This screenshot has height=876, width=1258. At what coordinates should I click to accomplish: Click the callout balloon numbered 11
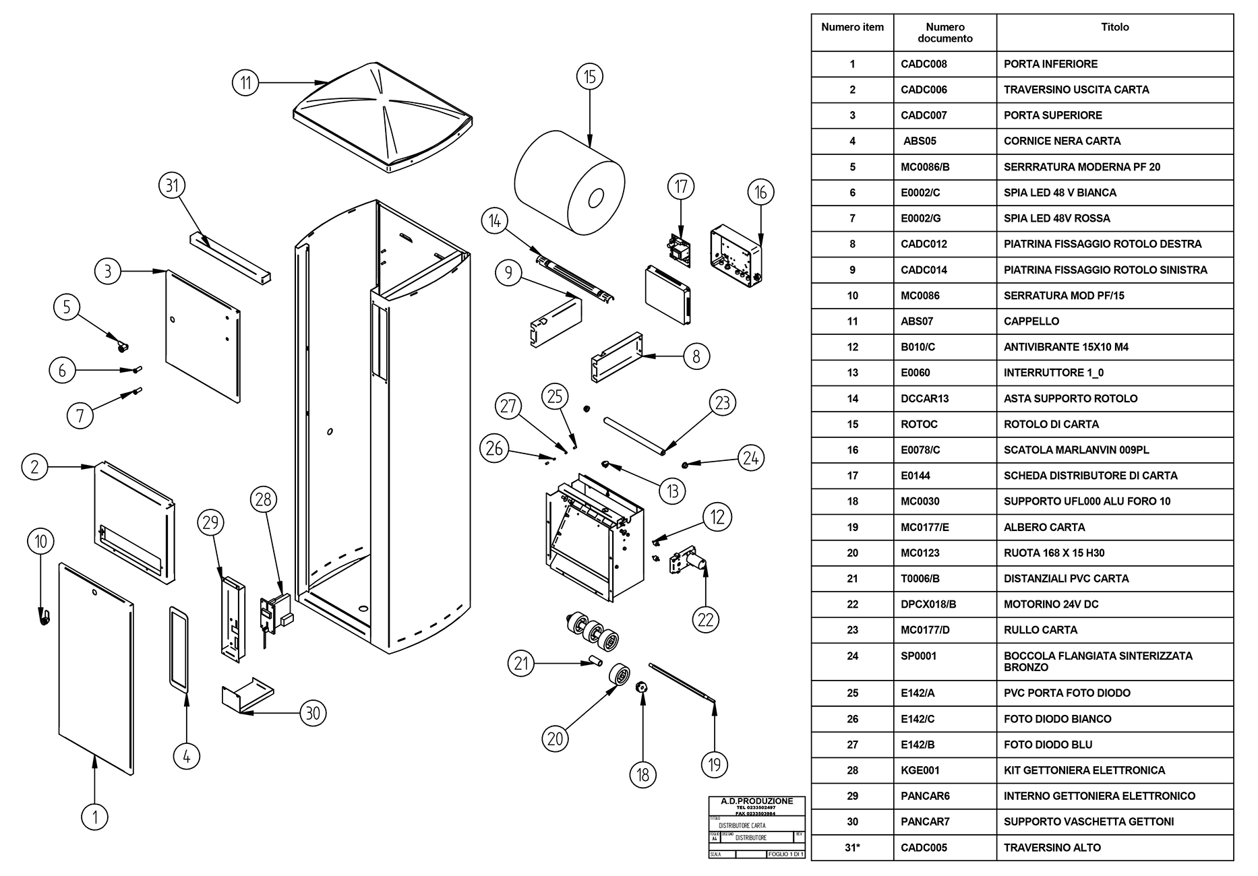[245, 82]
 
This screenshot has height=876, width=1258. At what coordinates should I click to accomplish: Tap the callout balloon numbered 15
[590, 77]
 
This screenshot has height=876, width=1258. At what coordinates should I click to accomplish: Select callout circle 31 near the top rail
[172, 185]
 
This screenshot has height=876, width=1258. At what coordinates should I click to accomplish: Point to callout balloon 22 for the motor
[705, 619]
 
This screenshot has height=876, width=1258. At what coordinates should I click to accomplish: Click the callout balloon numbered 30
[313, 712]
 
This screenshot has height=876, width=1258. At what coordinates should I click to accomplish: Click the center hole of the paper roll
[595, 199]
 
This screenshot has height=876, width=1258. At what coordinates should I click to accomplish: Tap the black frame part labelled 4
[179, 650]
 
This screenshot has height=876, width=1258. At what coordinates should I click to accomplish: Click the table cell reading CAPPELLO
[1031, 321]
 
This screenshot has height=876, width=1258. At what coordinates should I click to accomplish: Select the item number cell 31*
[852, 848]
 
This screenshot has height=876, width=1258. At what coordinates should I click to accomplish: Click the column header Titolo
[1114, 28]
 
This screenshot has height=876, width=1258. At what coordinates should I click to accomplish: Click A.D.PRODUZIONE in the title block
[756, 801]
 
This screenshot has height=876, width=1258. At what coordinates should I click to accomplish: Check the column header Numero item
[852, 28]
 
